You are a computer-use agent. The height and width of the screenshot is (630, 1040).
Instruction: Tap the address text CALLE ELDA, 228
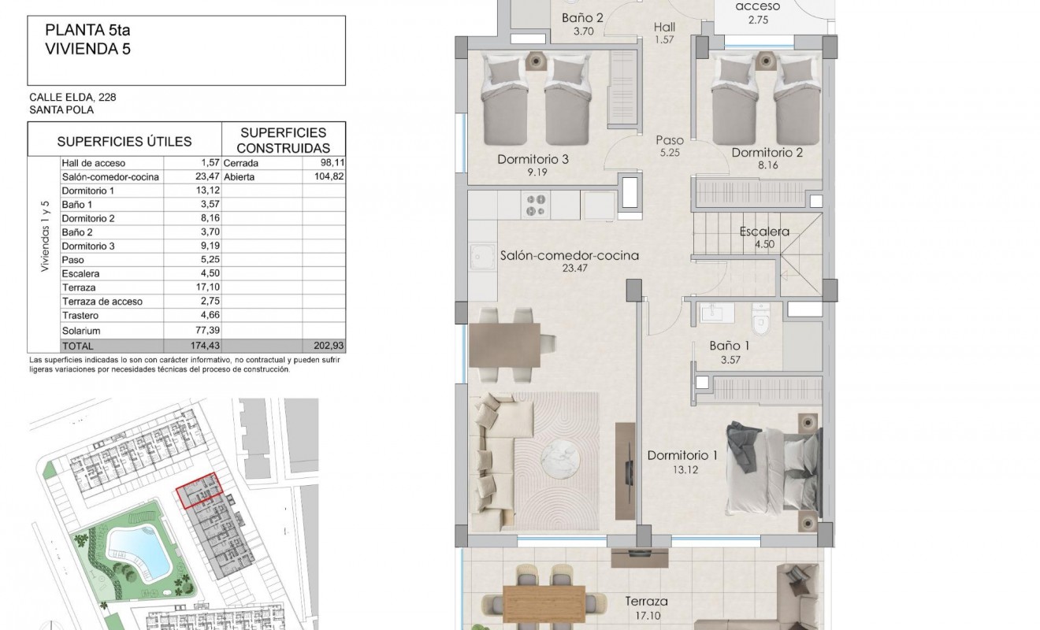[x=73, y=98]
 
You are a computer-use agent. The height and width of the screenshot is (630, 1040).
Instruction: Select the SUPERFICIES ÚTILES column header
[x=124, y=142]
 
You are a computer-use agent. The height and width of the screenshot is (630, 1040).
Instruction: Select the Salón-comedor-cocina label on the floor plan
[x=569, y=255]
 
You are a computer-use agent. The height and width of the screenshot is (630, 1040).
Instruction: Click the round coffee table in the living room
[x=562, y=455]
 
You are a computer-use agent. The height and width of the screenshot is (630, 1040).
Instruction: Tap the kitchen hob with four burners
[x=536, y=206]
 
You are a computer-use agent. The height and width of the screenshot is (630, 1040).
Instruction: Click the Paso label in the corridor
[x=670, y=140]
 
